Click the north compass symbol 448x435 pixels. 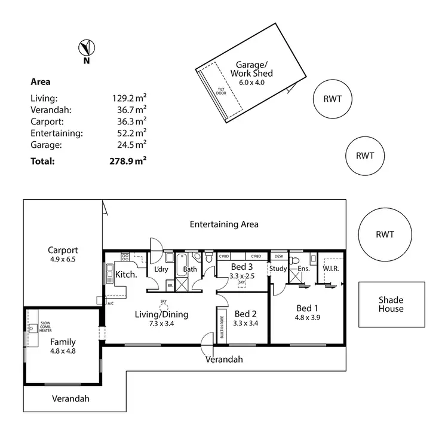[x=87, y=48]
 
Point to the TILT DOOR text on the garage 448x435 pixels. [x=220, y=91]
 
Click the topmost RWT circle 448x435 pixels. [x=332, y=98]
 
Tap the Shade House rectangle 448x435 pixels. [x=391, y=305]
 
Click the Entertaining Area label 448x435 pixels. [x=224, y=224]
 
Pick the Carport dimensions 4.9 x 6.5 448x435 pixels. [x=63, y=260]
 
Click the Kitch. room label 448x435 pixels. [x=127, y=275]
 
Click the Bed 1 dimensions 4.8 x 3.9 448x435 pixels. [x=308, y=318]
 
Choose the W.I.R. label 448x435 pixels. [x=331, y=269]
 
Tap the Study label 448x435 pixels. [x=278, y=269]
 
